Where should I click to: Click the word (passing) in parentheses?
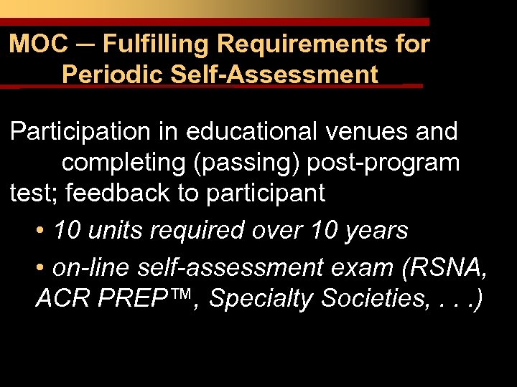point(248,163)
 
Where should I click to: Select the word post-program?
point(383,163)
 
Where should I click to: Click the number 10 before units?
point(67,231)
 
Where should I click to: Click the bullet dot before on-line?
point(40,268)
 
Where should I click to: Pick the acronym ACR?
point(60,298)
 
